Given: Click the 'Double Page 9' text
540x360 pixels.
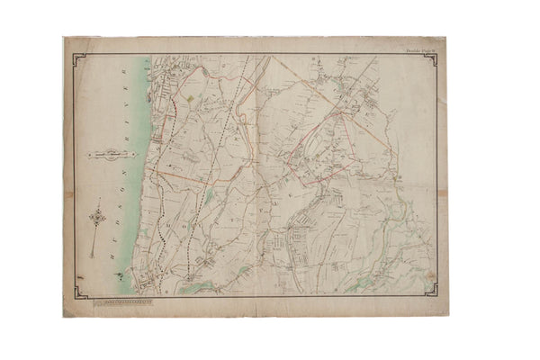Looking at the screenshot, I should [x=418, y=50].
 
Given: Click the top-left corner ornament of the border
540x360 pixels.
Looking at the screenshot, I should [x=77, y=58].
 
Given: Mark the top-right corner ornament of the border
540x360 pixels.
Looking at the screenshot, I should [x=432, y=59].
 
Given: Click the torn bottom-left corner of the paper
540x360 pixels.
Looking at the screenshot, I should [x=66, y=314].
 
